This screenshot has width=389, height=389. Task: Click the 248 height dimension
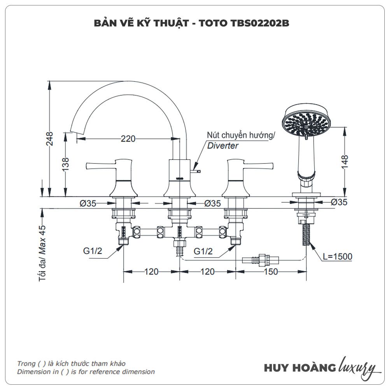click(x=50, y=138)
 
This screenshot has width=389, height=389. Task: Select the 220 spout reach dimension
click(x=128, y=138)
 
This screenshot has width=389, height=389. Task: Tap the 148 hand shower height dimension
click(x=345, y=161)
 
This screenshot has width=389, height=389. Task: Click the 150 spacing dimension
click(x=271, y=272)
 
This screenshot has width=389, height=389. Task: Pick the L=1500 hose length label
click(x=337, y=256)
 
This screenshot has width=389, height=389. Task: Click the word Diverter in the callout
click(x=223, y=146)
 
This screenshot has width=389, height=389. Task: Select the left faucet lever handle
click(x=102, y=166)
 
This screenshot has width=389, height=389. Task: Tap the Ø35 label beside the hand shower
click(x=339, y=202)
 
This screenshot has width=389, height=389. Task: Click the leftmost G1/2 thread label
click(x=93, y=251)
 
